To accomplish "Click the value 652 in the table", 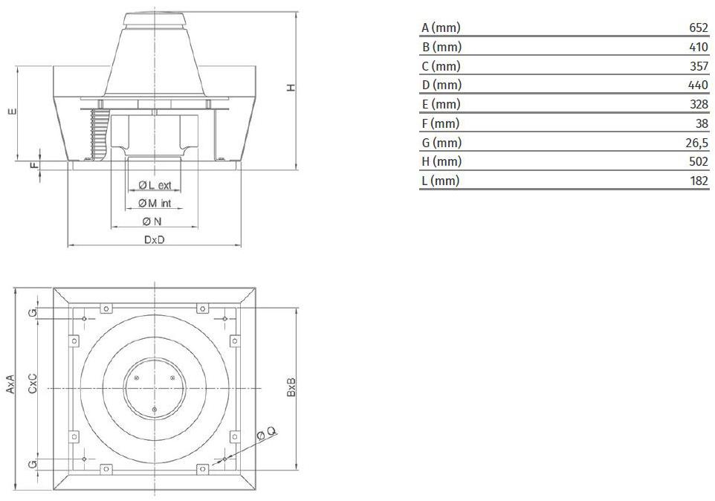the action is click(x=699, y=28).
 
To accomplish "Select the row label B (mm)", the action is click(x=441, y=47).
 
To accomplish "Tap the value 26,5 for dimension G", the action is click(x=696, y=143).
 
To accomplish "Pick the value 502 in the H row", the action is click(x=699, y=161).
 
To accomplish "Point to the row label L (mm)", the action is click(x=441, y=181).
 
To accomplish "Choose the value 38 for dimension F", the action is click(x=702, y=123).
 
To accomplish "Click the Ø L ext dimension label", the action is click(x=155, y=185).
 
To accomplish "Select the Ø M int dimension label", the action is click(x=155, y=204).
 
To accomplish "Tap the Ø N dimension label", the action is click(x=152, y=222).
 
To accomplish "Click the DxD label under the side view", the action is click(x=154, y=240).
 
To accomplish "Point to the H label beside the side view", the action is click(x=291, y=88).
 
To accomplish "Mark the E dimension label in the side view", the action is click(x=13, y=111).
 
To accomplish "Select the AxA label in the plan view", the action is click(x=10, y=384).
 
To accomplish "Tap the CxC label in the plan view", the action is click(x=33, y=384).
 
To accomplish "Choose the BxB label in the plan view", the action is click(x=291, y=387).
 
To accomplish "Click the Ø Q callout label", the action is click(x=266, y=433).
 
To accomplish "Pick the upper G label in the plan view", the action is click(x=33, y=313).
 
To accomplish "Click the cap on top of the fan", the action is click(x=155, y=20).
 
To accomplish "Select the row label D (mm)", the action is click(x=441, y=85).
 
